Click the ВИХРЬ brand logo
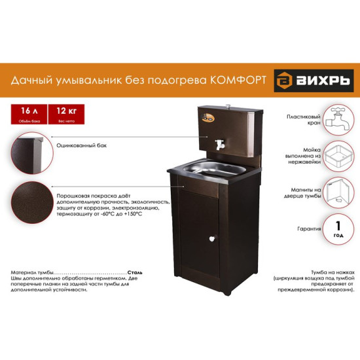tap(314, 81)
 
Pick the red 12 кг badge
tap(67, 112)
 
